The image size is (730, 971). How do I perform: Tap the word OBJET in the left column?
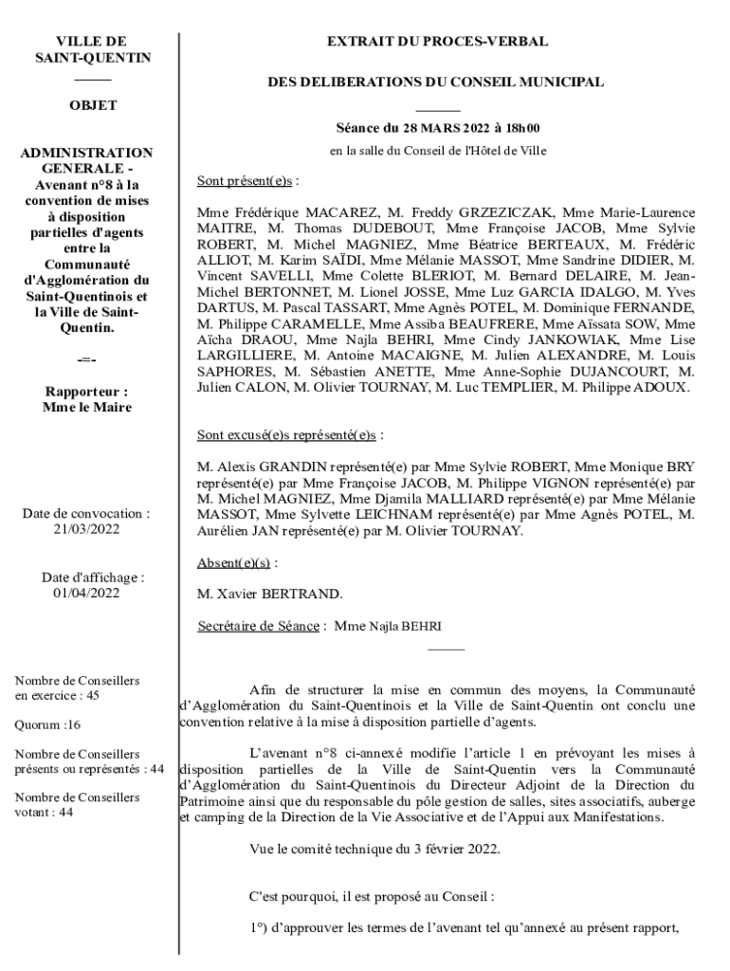(93, 105)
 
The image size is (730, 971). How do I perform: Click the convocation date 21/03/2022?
(86, 530)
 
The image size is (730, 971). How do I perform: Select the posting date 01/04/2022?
(86, 594)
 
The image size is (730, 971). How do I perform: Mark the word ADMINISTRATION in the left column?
(87, 152)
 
